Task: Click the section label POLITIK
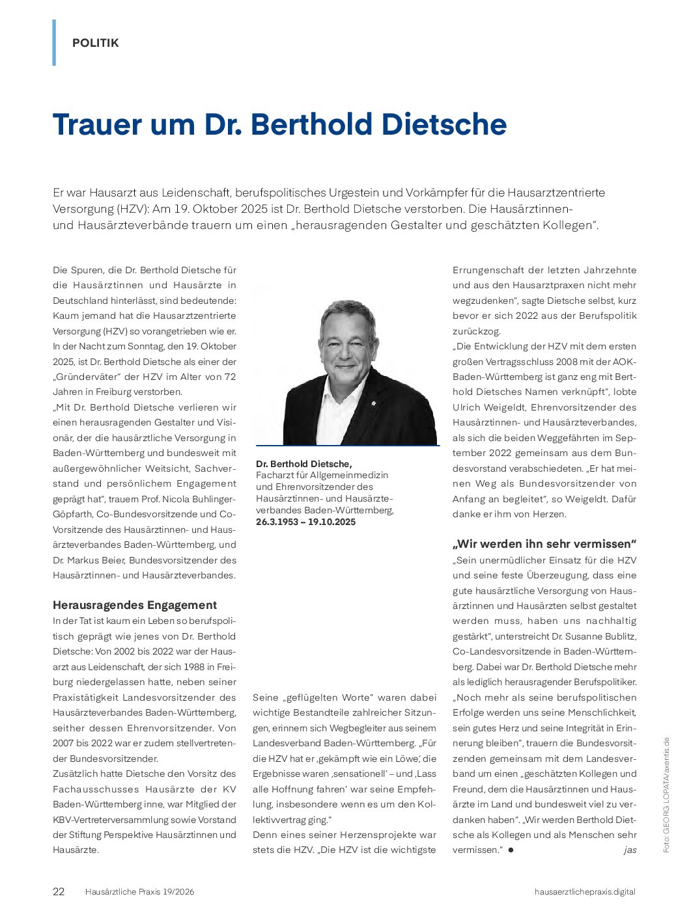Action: [x=95, y=43]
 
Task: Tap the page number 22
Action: [x=59, y=891]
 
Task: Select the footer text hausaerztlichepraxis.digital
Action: [x=584, y=891]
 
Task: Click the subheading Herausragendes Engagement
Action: [x=135, y=604]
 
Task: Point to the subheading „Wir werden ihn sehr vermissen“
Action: [x=544, y=544]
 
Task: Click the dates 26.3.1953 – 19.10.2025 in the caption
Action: [x=305, y=522]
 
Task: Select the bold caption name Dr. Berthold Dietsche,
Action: [x=303, y=463]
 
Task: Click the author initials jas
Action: [x=630, y=850]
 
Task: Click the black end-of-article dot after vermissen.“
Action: [x=511, y=850]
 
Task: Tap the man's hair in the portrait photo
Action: [x=346, y=310]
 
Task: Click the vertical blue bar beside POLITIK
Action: [x=54, y=42]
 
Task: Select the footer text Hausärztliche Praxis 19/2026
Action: [x=139, y=891]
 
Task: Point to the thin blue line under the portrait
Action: [x=347, y=446]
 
